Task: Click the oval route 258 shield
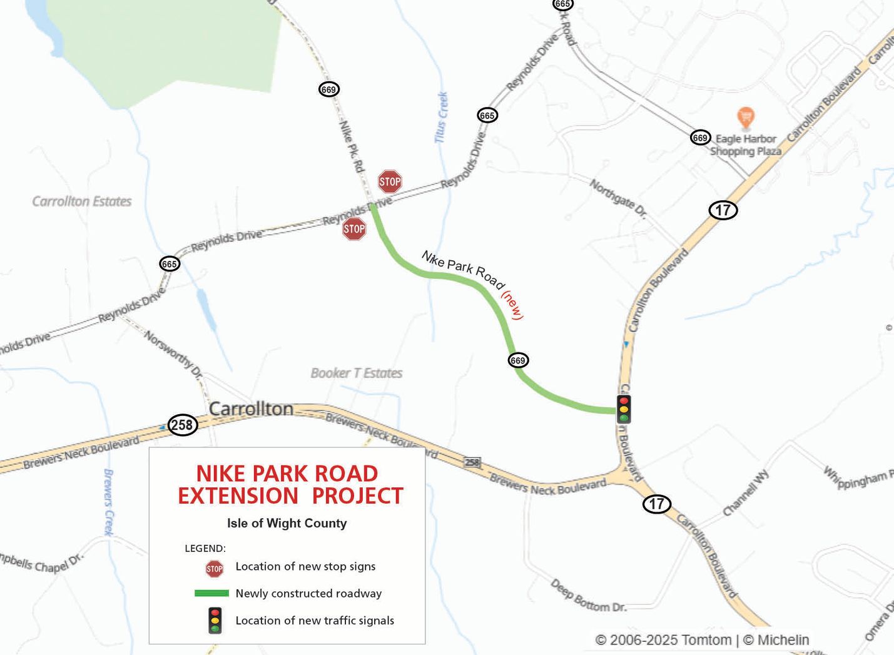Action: point(182,425)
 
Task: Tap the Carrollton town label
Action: point(251,409)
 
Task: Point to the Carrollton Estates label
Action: point(82,201)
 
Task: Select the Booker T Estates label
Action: point(357,373)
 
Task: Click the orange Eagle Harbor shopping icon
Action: point(745,117)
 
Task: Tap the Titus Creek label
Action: point(442,117)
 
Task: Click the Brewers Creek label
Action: point(108,502)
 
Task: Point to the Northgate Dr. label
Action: point(618,198)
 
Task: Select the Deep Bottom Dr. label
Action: point(588,596)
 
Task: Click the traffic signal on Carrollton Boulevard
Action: point(624,409)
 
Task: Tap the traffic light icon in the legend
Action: point(215,621)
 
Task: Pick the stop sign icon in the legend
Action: point(215,569)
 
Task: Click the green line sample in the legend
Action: point(211,593)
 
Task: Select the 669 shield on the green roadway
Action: point(518,360)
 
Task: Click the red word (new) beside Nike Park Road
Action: point(512,305)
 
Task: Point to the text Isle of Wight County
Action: point(287,524)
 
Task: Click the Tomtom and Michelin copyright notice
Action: point(702,640)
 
